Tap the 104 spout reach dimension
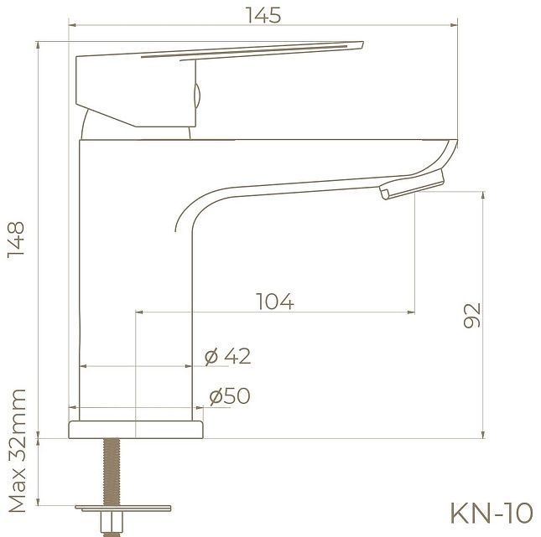(274, 302)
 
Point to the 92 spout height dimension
(471, 315)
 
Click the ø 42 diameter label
(228, 356)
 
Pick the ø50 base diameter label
(230, 396)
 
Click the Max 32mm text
(17, 452)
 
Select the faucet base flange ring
(137, 429)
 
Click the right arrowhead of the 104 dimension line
(411, 312)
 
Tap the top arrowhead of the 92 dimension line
(483, 194)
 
